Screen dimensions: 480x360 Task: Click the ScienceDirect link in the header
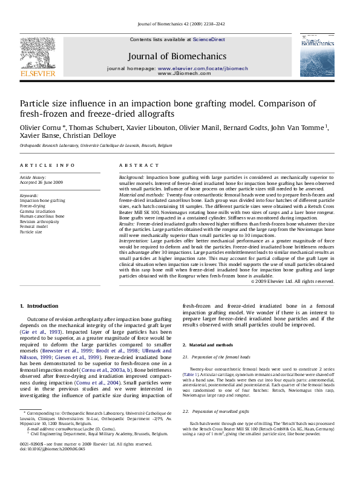(209, 39)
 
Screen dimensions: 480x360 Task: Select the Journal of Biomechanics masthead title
(177, 56)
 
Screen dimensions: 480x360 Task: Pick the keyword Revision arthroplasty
(39, 221)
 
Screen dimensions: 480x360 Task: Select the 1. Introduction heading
(39, 306)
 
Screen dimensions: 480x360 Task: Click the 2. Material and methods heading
(208, 345)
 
